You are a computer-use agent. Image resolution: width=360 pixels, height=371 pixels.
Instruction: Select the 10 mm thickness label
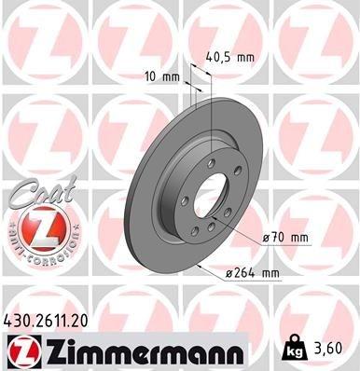(159, 77)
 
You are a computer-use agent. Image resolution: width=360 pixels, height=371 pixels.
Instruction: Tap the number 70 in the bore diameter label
(279, 238)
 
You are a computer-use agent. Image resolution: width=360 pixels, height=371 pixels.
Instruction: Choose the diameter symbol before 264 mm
(231, 272)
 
